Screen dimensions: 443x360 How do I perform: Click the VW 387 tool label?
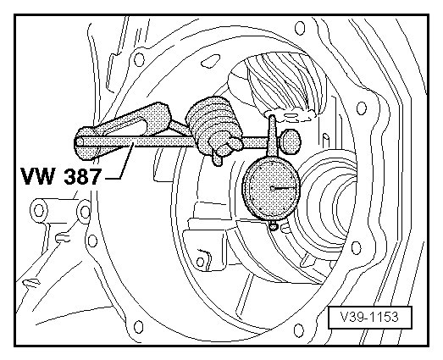[60, 176]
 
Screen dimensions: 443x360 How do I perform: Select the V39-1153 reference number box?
[370, 318]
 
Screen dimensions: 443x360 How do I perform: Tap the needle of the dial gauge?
[283, 188]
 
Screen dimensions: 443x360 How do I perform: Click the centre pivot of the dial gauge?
[272, 188]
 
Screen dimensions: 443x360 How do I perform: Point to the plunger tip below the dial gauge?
[274, 226]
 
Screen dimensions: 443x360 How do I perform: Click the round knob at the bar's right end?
[291, 141]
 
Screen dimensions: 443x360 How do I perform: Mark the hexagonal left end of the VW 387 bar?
[80, 141]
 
